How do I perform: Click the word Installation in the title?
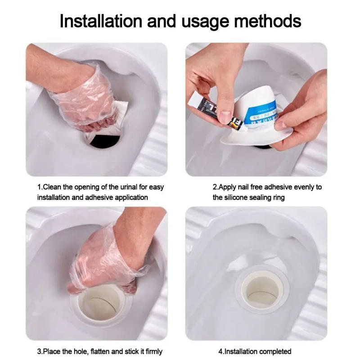pyautogui.click(x=94, y=21)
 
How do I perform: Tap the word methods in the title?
pyautogui.click(x=266, y=21)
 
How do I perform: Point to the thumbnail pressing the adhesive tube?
pyautogui.click(x=225, y=117)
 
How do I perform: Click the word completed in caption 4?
pyautogui.click(x=276, y=351)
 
